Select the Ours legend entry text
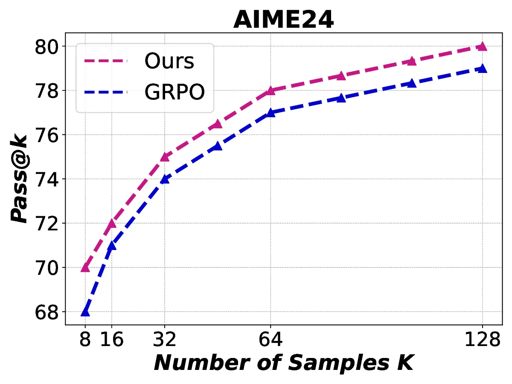(169, 61)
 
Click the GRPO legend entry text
(174, 91)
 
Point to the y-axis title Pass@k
(20, 179)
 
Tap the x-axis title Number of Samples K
(283, 363)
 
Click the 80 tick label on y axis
(47, 47)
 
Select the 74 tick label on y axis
(47, 179)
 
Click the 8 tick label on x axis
(85, 340)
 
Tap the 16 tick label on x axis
(112, 340)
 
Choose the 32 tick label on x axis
(165, 340)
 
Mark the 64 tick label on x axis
(271, 340)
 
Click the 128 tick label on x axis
(482, 340)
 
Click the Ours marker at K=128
(482, 47)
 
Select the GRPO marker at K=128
(482, 69)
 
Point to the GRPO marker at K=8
(85, 312)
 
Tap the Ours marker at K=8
(85, 268)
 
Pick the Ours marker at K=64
(271, 90)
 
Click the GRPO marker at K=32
(165, 179)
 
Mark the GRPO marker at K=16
(112, 245)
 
